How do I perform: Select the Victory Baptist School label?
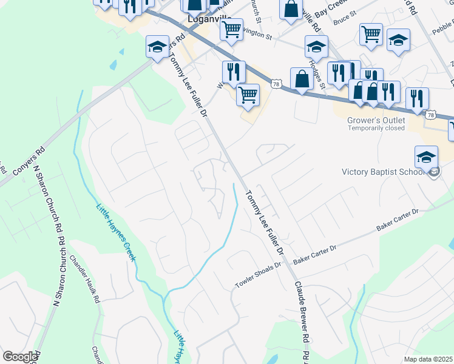(x=383, y=172)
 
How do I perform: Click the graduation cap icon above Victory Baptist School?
(x=426, y=157)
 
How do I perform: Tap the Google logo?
(x=20, y=357)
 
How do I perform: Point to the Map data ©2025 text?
(x=429, y=359)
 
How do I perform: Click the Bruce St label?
(x=344, y=20)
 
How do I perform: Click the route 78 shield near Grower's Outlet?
(x=430, y=114)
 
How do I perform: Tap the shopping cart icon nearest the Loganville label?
(x=231, y=28)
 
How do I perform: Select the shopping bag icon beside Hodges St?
(x=301, y=78)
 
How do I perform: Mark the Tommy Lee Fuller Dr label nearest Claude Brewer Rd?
(x=265, y=222)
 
